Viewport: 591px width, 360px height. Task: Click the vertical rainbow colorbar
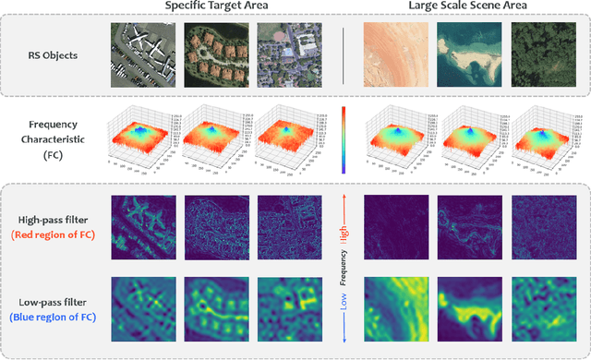pos(344,139)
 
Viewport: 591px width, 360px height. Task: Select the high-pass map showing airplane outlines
pos(142,225)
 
